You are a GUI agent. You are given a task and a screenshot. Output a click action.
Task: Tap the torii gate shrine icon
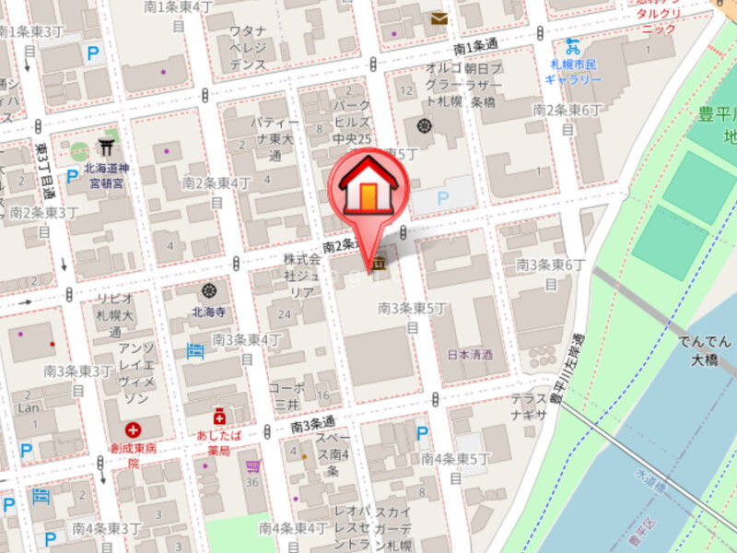[x=106, y=147]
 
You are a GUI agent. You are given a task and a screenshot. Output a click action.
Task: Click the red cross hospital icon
[x=135, y=429]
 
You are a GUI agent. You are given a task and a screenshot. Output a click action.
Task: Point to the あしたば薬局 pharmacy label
[x=218, y=441]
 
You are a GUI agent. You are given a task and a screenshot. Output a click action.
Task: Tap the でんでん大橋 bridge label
[x=707, y=349]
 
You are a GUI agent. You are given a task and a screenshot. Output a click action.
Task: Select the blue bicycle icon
[x=573, y=43]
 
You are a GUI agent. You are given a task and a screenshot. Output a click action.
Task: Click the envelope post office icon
[x=439, y=18]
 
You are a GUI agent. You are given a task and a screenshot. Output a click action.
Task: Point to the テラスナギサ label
[x=530, y=406]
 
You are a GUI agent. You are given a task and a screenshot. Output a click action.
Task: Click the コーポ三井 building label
[x=286, y=395]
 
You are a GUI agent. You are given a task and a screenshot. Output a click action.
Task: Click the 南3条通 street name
[x=312, y=426]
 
